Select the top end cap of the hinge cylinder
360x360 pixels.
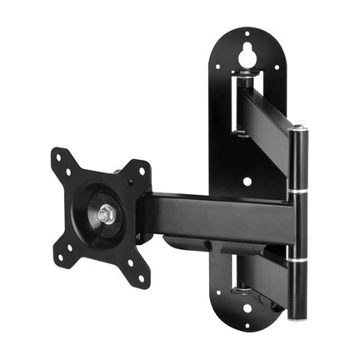pyautogui.click(x=297, y=128)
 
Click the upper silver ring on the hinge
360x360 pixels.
pyautogui.click(x=297, y=195)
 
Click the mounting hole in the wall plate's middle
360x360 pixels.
pyautogui.click(x=247, y=180)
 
